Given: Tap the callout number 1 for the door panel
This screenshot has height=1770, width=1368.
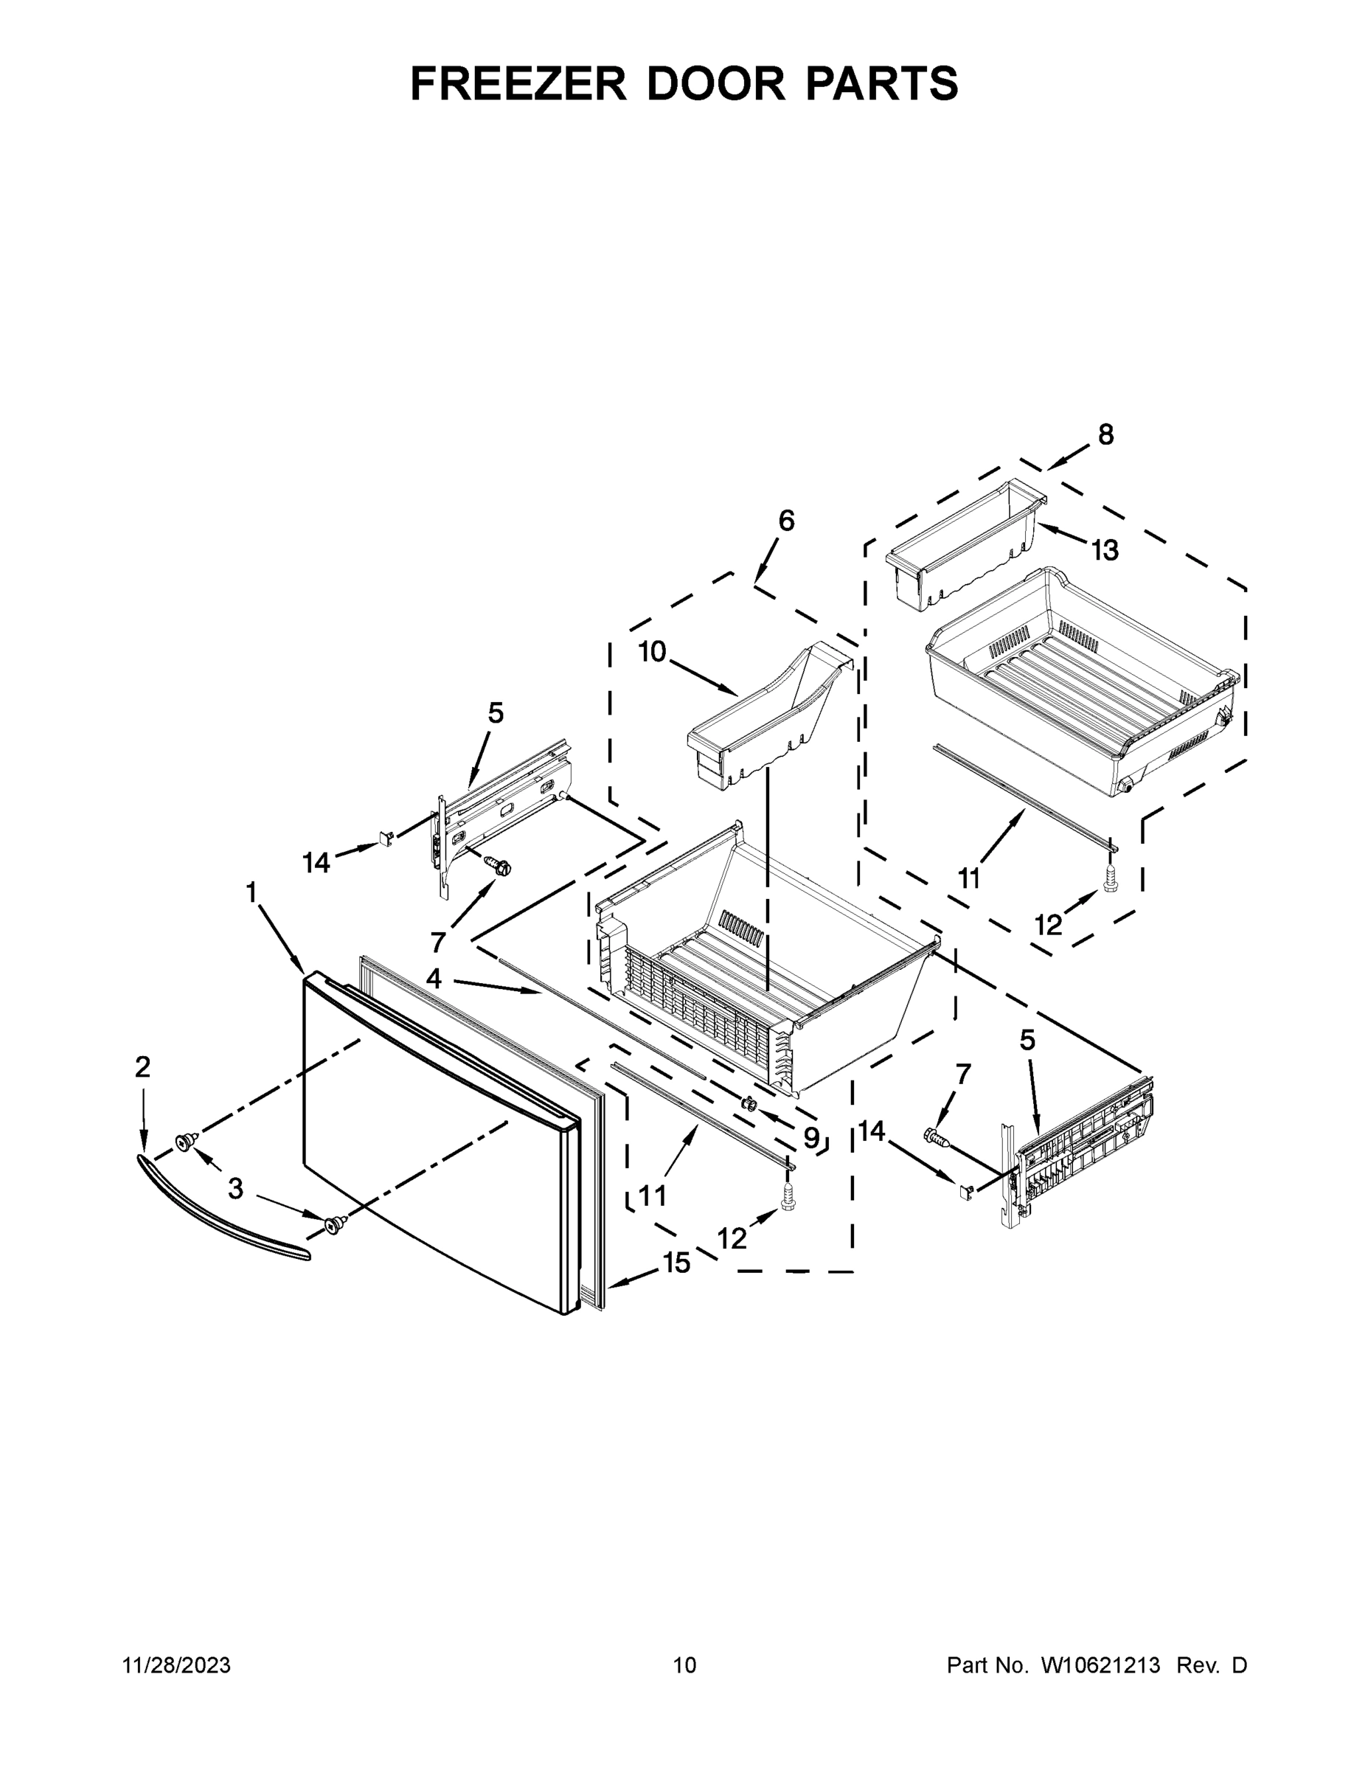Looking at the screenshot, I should (x=251, y=892).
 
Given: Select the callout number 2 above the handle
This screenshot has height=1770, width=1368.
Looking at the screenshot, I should (x=142, y=1067).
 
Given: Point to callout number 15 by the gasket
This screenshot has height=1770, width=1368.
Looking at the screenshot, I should (x=677, y=1263).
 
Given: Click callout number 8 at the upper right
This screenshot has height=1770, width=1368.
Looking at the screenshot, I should (x=1105, y=435).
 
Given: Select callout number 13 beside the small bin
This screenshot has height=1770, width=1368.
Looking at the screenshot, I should (x=1105, y=550).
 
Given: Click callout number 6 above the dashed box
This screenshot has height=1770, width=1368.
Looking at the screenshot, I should (x=786, y=520).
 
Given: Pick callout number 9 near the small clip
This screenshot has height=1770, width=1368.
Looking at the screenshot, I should (x=810, y=1138).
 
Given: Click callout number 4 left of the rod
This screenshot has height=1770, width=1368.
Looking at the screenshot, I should (x=434, y=979).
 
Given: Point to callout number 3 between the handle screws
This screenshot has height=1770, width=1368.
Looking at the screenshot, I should (x=235, y=1189).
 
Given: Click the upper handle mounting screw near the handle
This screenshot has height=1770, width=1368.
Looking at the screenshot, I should (x=186, y=1142).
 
